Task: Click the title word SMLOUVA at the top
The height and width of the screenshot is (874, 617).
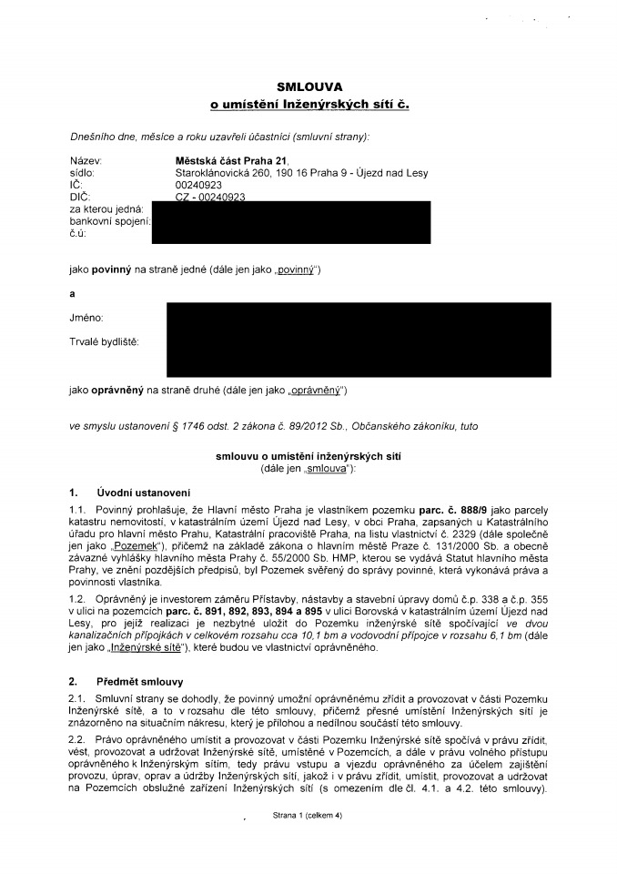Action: tap(308, 87)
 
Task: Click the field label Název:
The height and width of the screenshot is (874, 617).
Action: tap(86, 160)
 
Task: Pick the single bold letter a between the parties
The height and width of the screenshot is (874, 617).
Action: tap(73, 294)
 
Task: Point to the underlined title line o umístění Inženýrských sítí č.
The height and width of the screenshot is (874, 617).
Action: tap(309, 107)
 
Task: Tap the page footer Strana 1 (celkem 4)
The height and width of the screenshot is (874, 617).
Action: tap(306, 817)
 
